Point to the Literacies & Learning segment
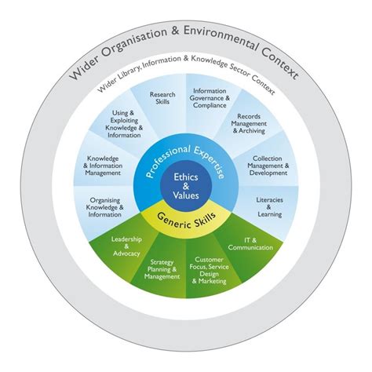[x=268, y=207]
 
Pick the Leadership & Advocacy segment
[x=126, y=245]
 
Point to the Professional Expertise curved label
[x=185, y=149]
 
